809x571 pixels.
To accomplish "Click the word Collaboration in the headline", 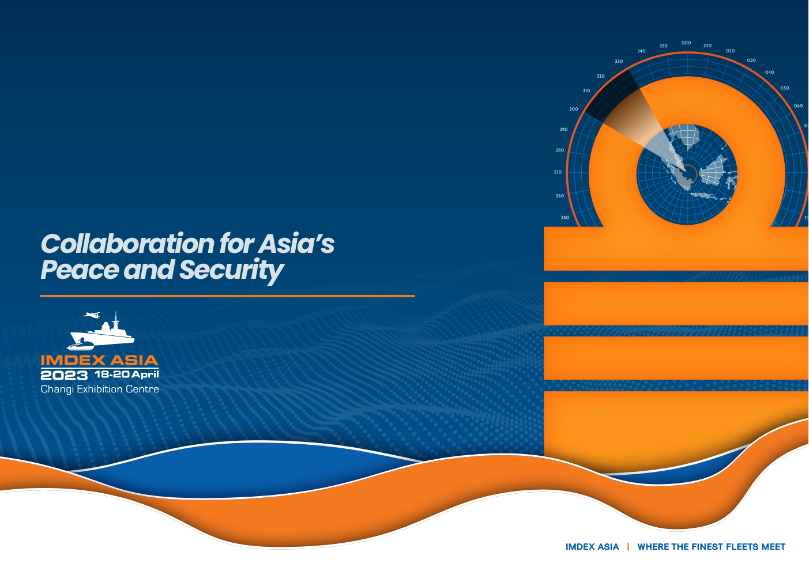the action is coord(128,244).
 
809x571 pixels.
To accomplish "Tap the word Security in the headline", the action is coord(231,271).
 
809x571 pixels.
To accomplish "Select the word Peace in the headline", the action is coord(80,270).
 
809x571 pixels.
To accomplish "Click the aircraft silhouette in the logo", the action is coord(92,315).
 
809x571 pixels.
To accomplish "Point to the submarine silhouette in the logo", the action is coord(80,345).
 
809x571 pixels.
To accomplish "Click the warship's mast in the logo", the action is coord(115,318).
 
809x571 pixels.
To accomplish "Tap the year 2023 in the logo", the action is coord(64,375).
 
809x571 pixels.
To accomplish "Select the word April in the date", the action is coord(145,375).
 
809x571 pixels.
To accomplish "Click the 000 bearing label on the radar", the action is coord(686,43).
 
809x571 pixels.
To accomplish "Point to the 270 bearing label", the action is coord(558,172).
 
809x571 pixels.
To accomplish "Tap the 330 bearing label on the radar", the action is coord(619,61).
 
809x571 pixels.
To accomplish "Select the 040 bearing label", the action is coord(770,72).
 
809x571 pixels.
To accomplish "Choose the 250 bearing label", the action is coord(565,218).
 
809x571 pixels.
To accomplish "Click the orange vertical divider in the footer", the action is coord(628,547).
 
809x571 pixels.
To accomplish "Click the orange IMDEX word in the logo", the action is coord(73,360).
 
